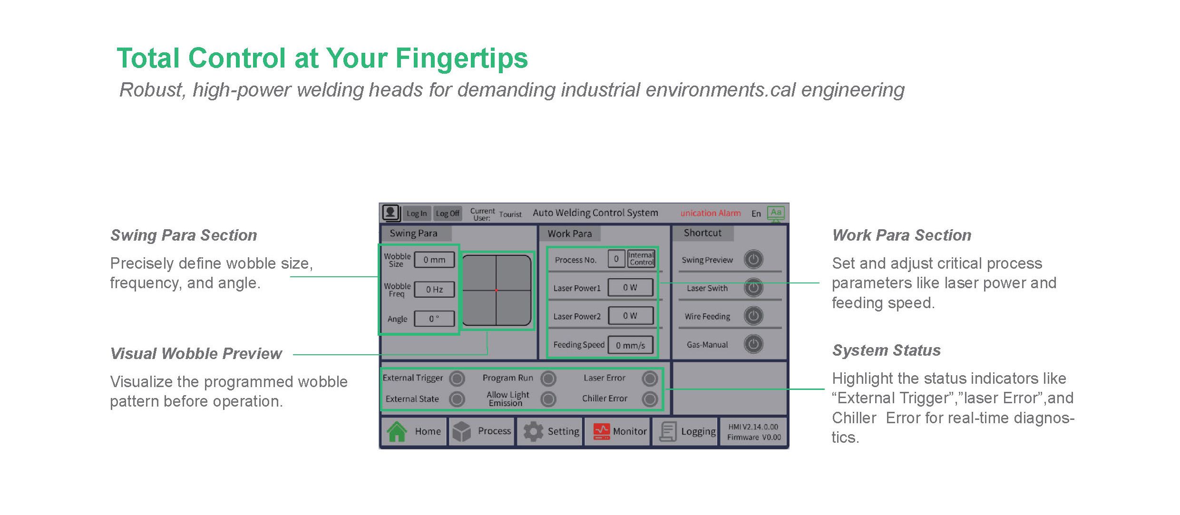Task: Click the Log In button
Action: [x=417, y=214]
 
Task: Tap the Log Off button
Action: [x=448, y=214]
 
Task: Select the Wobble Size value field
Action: [x=434, y=260]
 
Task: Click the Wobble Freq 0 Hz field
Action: [x=434, y=290]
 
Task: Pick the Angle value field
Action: [x=434, y=319]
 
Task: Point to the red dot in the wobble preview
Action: [x=496, y=290]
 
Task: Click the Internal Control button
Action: [x=642, y=259]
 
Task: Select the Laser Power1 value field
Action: [x=631, y=288]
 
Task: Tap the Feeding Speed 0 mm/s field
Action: [x=631, y=345]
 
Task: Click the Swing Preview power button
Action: [x=753, y=260]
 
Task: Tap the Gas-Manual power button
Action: [x=753, y=344]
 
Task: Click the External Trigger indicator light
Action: [x=457, y=379]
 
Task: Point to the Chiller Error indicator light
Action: [x=650, y=399]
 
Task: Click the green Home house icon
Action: [x=397, y=432]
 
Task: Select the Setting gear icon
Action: [x=533, y=432]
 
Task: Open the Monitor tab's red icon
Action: [x=602, y=432]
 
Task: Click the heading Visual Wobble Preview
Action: [x=196, y=354]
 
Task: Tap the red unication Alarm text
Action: [x=711, y=214]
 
